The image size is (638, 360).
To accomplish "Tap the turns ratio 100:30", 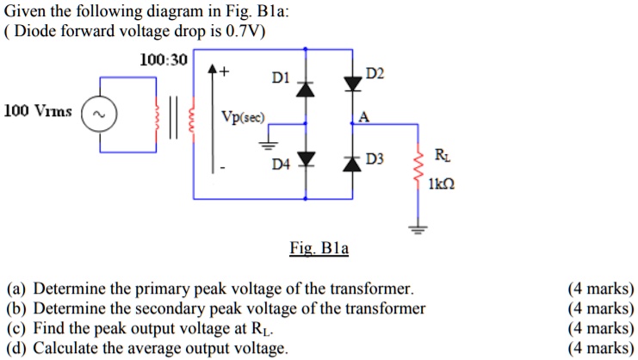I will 163,59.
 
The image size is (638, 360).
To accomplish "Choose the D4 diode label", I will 282,163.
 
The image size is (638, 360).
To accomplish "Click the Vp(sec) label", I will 244,117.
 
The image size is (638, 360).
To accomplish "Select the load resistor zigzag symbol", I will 419,169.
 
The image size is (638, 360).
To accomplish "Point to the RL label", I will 442,156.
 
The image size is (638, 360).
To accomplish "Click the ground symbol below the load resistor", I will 419,230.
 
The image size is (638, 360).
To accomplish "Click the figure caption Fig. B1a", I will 319,249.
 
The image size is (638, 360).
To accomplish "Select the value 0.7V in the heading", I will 244,32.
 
